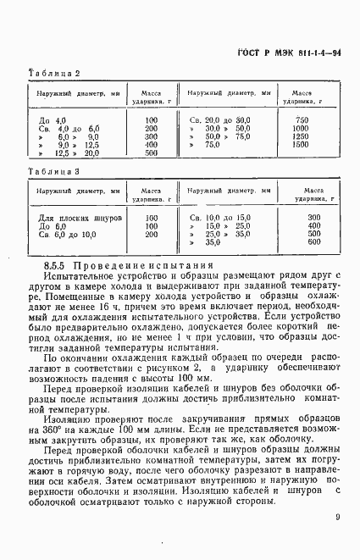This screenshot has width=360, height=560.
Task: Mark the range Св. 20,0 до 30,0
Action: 220,120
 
